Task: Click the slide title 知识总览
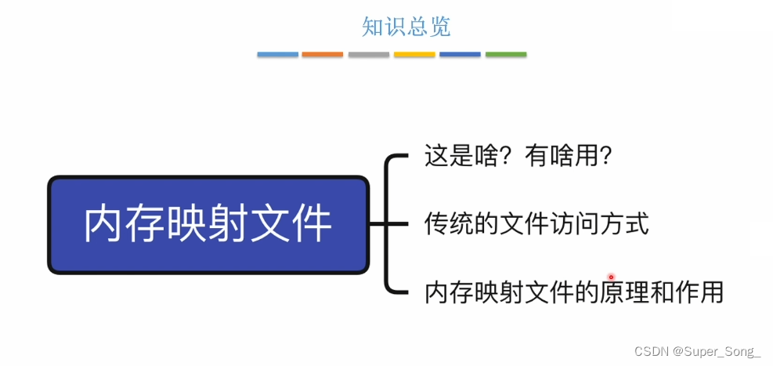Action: pos(406,27)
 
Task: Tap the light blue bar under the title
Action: pos(277,55)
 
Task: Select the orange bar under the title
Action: pos(323,55)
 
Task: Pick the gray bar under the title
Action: pos(368,55)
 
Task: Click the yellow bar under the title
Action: pos(414,55)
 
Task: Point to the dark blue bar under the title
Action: pos(460,55)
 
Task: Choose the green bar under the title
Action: pos(506,55)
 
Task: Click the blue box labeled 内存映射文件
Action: pos(208,225)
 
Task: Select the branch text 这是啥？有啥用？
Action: pos(518,156)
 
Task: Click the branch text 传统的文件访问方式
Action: pos(536,224)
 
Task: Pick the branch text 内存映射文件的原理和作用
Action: pos(573,292)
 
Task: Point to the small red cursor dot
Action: pos(611,277)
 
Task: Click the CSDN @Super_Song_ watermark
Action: pos(698,351)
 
